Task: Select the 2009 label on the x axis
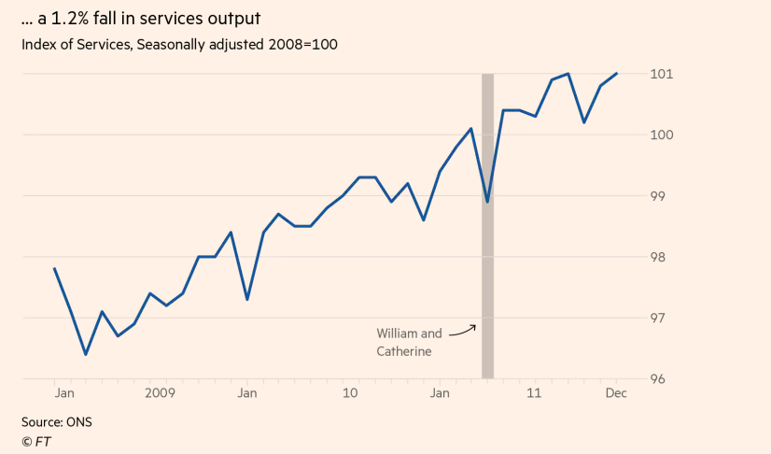pos(160,393)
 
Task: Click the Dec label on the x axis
pos(616,393)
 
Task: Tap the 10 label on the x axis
pos(351,393)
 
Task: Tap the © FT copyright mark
pos(35,441)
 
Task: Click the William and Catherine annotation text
pos(409,342)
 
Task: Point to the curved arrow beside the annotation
pos(462,330)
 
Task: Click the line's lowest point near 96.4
pos(86,354)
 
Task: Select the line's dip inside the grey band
pos(487,202)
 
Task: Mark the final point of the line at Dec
pos(616,74)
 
